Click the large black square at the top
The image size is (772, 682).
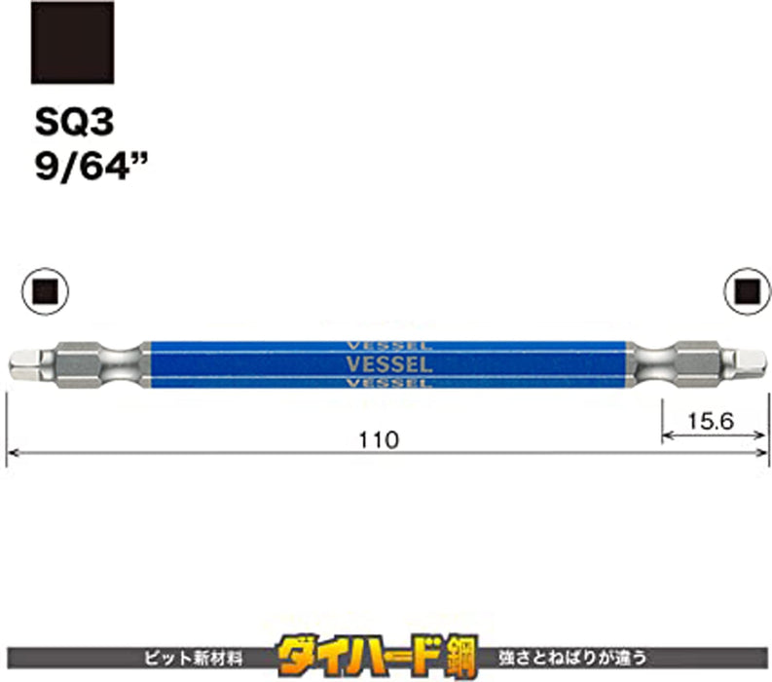click(x=72, y=42)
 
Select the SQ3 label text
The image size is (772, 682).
click(x=74, y=122)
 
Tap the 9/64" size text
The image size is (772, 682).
click(x=92, y=167)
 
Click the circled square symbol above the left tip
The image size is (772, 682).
click(x=46, y=292)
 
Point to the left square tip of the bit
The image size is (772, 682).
click(x=24, y=364)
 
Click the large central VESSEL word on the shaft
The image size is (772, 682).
click(x=389, y=364)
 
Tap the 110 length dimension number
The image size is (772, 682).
click(x=378, y=440)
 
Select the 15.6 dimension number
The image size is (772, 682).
click(x=710, y=421)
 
